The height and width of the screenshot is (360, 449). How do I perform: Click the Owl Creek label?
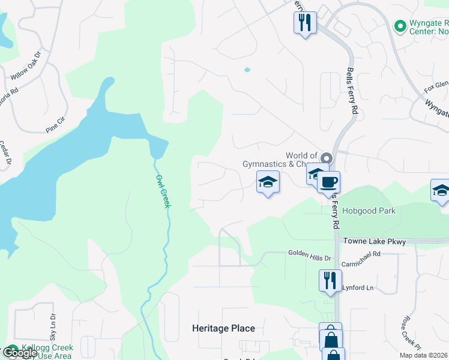point(163,191)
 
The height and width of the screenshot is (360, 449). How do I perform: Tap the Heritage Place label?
point(223,328)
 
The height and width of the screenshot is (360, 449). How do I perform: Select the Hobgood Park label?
point(369,211)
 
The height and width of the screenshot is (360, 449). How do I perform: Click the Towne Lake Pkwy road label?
point(374,241)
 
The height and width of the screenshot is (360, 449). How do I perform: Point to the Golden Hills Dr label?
point(310,256)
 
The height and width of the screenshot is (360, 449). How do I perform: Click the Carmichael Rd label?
point(361,254)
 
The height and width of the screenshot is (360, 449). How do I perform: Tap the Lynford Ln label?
point(358,288)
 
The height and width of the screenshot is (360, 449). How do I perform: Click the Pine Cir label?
point(59,124)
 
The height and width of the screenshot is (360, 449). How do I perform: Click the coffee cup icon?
point(329,182)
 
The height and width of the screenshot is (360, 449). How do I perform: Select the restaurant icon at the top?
point(305,23)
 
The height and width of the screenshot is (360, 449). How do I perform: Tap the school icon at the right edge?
point(441,190)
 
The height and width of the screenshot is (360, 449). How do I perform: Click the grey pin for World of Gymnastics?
point(326,158)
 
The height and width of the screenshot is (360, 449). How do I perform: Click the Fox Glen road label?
point(435,85)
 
